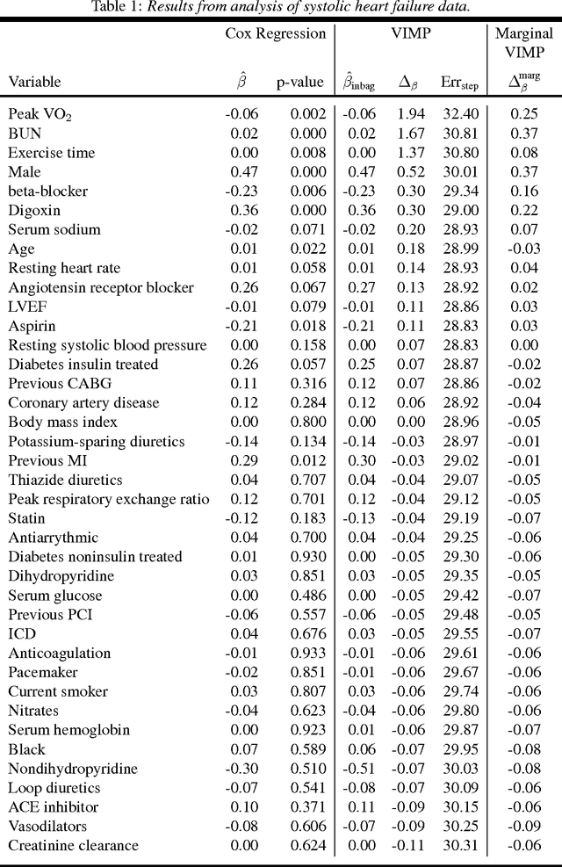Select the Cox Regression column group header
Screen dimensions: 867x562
pyautogui.click(x=275, y=33)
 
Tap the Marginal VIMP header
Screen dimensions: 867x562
pyautogui.click(x=524, y=42)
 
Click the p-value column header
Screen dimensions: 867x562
pyautogui.click(x=300, y=82)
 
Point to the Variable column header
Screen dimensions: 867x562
pyautogui.click(x=34, y=82)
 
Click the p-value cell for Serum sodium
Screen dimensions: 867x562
pyautogui.click(x=306, y=229)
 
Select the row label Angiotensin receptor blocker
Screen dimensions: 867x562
pyautogui.click(x=101, y=287)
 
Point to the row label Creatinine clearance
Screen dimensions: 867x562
pyautogui.click(x=73, y=846)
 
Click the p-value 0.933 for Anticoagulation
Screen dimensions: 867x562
pyautogui.click(x=306, y=654)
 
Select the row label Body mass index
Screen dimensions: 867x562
pyautogui.click(x=62, y=422)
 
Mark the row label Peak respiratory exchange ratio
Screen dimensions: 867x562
pyautogui.click(x=109, y=499)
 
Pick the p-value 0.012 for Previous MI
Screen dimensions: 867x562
pyautogui.click(x=306, y=460)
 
